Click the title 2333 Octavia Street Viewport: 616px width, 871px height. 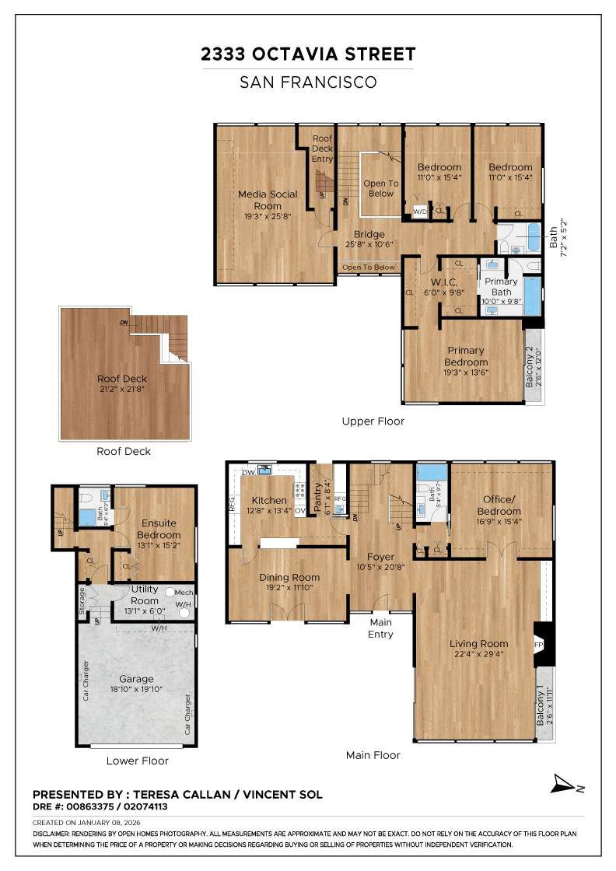pyautogui.click(x=308, y=54)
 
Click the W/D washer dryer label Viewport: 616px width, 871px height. pyautogui.click(x=419, y=212)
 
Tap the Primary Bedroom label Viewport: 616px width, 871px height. pyautogui.click(x=465, y=356)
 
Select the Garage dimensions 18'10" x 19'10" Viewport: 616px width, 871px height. pyautogui.click(x=136, y=689)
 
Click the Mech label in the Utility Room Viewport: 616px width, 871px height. pyautogui.click(x=184, y=593)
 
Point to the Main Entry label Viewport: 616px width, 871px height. pyautogui.click(x=380, y=628)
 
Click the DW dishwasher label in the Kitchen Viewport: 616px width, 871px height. pyautogui.click(x=248, y=473)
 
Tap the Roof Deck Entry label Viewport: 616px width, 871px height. pyautogui.click(x=322, y=149)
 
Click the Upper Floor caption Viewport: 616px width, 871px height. pyautogui.click(x=373, y=421)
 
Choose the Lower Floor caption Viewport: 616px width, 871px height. pyautogui.click(x=137, y=761)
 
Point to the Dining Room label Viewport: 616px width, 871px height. pyautogui.click(x=289, y=577)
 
